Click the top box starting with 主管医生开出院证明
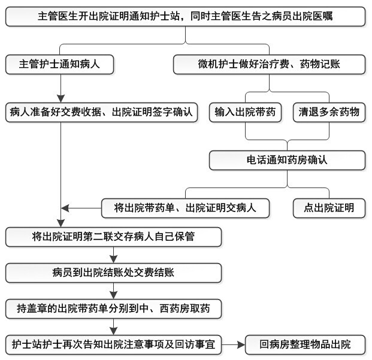coord(185,16)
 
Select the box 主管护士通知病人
coord(59,65)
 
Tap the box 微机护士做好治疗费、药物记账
coord(270,65)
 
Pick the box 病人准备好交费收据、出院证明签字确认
coord(102,113)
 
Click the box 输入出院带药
coord(246,113)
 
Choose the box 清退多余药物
coord(329,113)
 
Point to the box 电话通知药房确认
coord(288,161)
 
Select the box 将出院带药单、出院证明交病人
coord(185,208)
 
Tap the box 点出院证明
coord(329,208)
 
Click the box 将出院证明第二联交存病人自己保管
coord(113,237)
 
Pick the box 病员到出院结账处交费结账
coord(113,273)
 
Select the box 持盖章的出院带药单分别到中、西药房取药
coord(113,308)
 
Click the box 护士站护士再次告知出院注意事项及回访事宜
coord(113,345)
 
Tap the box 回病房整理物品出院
coord(305,345)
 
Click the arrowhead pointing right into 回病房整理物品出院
coord(241,345)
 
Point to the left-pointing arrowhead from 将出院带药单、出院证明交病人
coord(65,208)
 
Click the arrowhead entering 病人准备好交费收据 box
coord(61,99)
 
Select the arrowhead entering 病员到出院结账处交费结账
coord(113,259)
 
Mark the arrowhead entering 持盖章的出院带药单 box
coord(113,295)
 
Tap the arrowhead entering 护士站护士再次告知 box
coord(113,331)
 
